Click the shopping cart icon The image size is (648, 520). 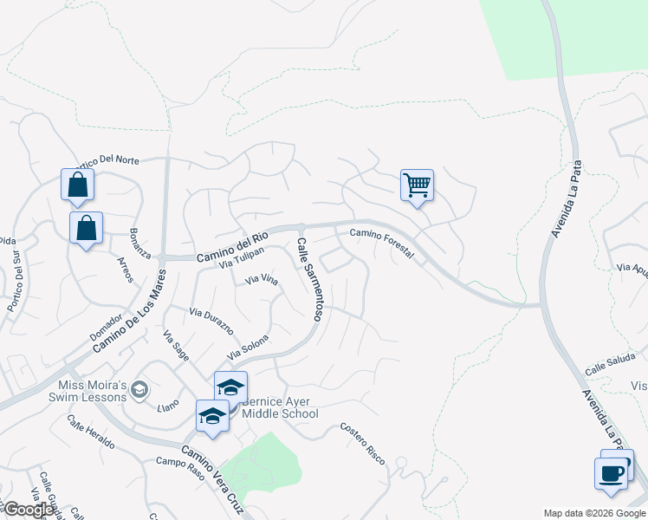[417, 185]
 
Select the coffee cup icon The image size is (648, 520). [612, 473]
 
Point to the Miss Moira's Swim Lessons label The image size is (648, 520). [93, 392]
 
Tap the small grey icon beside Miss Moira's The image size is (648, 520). [139, 392]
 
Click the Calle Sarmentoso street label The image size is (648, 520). [309, 280]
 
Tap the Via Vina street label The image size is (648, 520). [262, 280]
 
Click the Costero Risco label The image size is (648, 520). [362, 442]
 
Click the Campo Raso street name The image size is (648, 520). [178, 465]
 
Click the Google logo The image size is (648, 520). [29, 510]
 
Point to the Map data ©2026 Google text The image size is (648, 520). [593, 513]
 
